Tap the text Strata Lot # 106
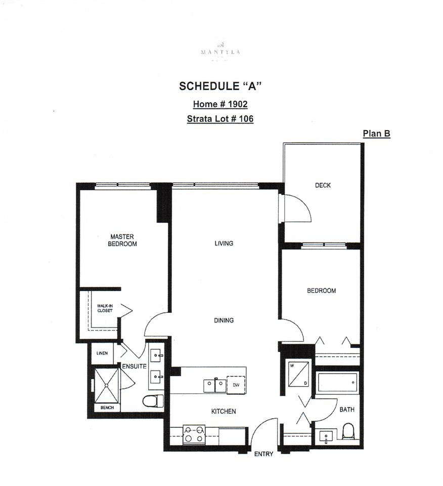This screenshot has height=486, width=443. [220, 119]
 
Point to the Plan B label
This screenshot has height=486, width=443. [376, 134]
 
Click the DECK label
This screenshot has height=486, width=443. [323, 185]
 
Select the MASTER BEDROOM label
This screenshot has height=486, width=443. [123, 240]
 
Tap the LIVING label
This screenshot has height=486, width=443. [224, 244]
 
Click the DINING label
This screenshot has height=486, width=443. [223, 320]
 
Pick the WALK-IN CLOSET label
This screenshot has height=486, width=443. [105, 308]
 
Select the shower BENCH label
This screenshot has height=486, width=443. [107, 408]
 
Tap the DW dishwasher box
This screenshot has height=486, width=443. [236, 384]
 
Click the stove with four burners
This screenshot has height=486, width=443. [194, 434]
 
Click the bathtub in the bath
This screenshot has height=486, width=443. [337, 383]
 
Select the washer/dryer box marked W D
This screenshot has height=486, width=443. [298, 374]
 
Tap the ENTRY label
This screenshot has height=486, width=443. [263, 454]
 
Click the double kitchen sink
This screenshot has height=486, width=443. [215, 385]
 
